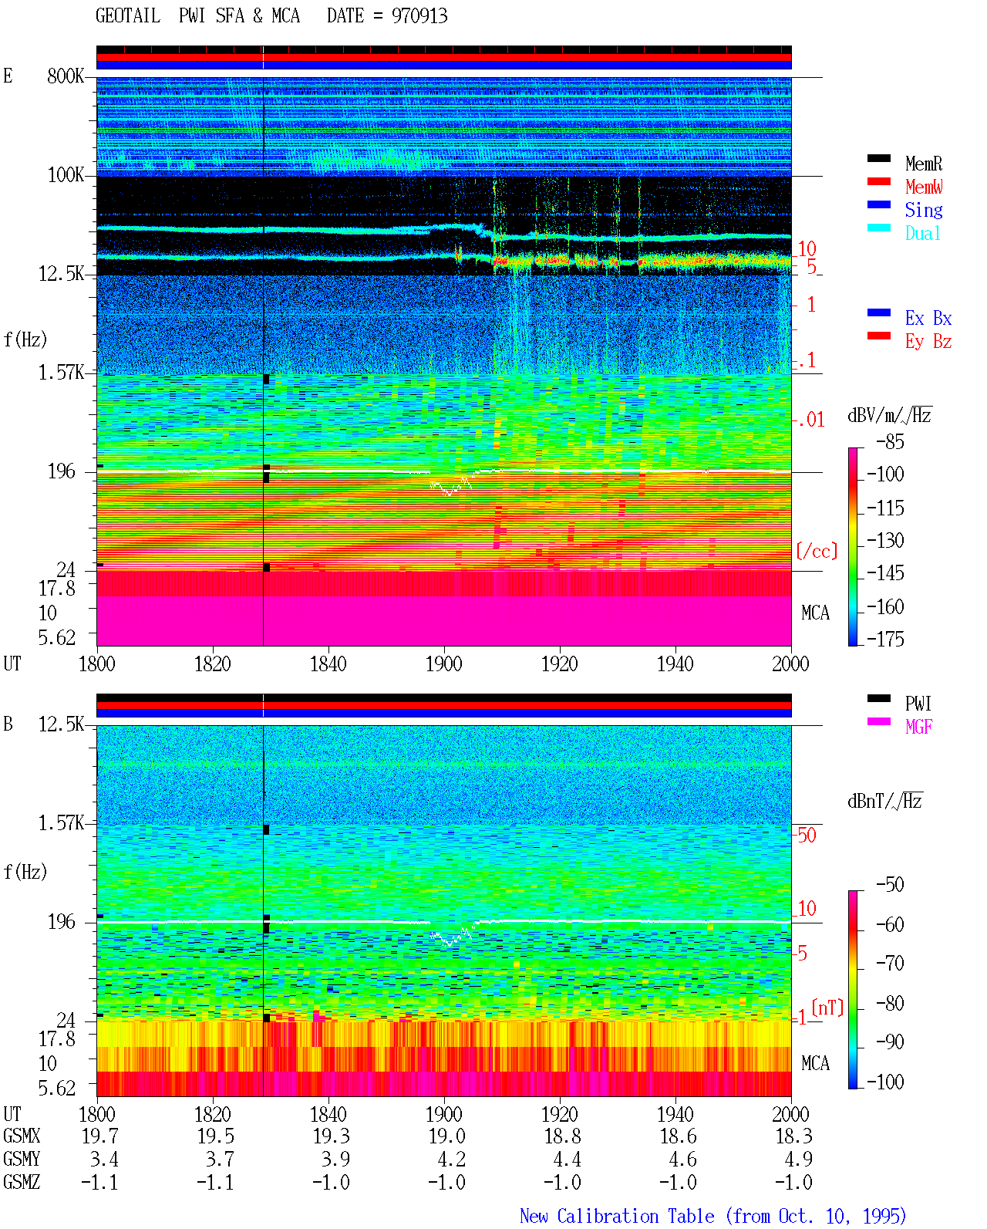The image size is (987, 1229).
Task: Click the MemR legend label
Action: click(923, 164)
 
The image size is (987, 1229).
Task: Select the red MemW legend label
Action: click(923, 187)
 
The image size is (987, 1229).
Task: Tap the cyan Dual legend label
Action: click(922, 233)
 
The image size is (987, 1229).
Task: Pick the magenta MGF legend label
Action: click(918, 727)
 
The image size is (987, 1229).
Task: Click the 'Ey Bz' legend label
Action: click(928, 342)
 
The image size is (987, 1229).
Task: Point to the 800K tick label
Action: click(66, 76)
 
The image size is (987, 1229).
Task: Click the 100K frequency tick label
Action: click(66, 175)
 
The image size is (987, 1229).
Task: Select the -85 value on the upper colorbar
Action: click(890, 442)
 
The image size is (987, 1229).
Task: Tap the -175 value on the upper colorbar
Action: click(885, 639)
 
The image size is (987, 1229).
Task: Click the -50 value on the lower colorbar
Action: click(890, 885)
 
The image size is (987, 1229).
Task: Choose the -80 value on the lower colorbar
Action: click(890, 1004)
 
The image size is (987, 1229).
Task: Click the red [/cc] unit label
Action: click(817, 551)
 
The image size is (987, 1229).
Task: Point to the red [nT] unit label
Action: click(827, 1008)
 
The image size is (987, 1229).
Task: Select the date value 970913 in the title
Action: click(419, 16)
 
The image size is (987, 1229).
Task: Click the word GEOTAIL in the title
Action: click(128, 16)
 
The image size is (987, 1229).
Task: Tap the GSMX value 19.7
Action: click(99, 1136)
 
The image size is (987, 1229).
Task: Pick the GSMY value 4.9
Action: click(798, 1160)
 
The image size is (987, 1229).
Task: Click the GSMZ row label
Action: click(22, 1182)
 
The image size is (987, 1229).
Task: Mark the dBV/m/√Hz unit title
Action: click(889, 415)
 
